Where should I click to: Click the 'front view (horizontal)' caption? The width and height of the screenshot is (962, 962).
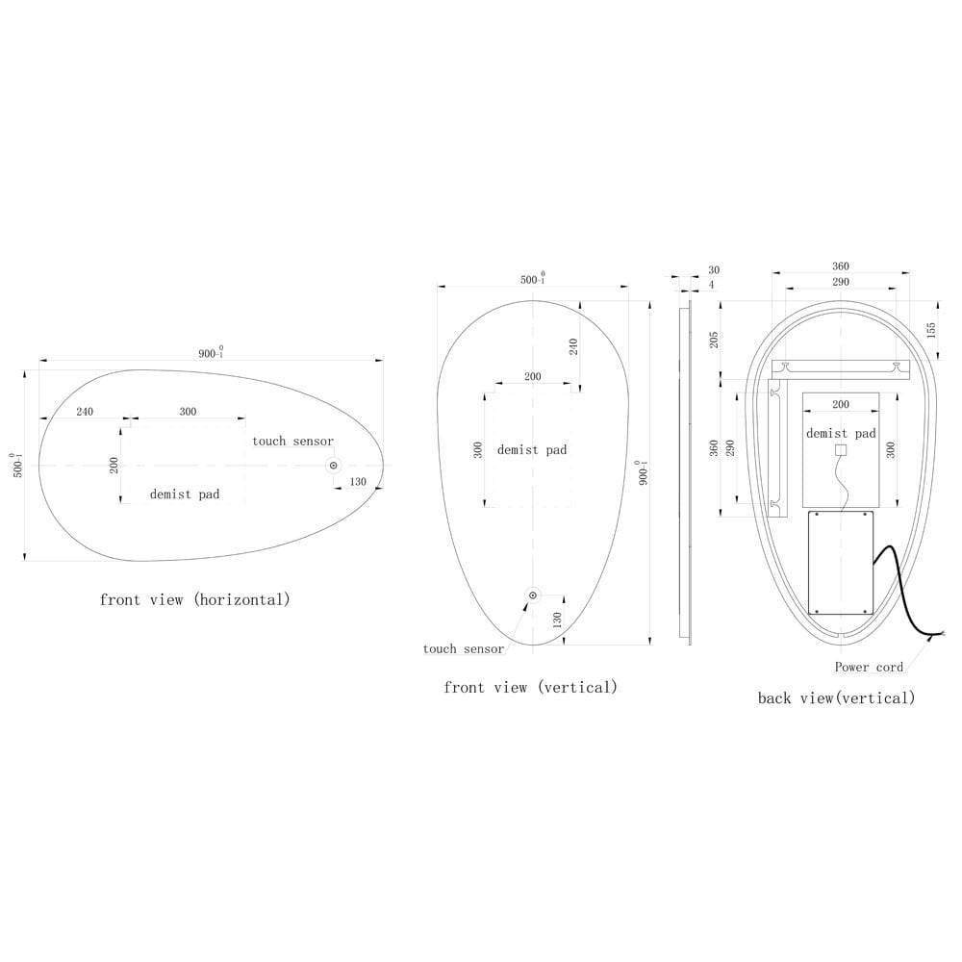[194, 599]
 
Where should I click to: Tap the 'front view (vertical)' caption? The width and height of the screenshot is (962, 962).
[530, 687]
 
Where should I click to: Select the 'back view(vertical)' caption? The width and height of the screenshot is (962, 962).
[836, 697]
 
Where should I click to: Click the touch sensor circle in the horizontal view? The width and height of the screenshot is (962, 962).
[334, 466]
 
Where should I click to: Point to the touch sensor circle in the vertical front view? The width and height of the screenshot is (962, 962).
[532, 596]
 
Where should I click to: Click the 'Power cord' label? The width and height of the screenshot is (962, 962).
[869, 667]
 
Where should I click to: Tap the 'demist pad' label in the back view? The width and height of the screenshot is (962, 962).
[841, 434]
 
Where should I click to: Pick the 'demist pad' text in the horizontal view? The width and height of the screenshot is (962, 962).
[185, 494]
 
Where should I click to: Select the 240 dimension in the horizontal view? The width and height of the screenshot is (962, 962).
[85, 412]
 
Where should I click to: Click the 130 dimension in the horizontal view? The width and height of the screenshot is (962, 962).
[358, 481]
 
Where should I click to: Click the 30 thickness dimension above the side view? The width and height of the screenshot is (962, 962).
[713, 270]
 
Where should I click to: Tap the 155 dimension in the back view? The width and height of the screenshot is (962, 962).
[930, 328]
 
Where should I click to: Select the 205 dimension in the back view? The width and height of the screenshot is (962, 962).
[713, 340]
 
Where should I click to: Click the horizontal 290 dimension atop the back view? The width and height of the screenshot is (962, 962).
[841, 282]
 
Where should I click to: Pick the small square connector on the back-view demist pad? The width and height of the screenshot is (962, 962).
[840, 449]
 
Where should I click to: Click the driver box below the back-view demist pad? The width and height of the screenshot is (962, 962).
[840, 563]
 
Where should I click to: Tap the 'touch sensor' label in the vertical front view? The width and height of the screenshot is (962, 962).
[463, 649]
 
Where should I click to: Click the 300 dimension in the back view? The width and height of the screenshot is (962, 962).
[890, 449]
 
